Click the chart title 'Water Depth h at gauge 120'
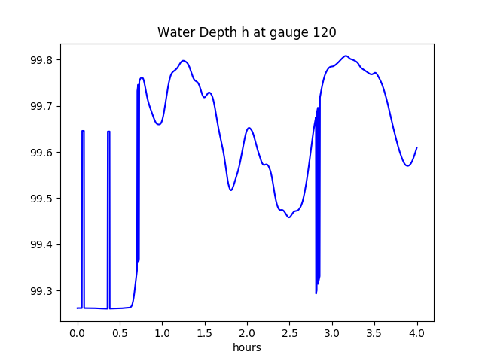point(246,32)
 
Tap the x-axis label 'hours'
point(247,347)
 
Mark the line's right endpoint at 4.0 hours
point(416,147)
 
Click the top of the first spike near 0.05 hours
point(83,131)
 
